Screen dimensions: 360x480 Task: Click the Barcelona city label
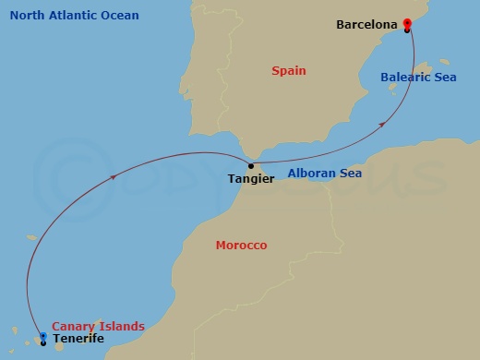click(x=367, y=24)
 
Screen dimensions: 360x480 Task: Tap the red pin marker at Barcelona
click(x=407, y=23)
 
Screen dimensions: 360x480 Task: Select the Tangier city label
click(x=251, y=178)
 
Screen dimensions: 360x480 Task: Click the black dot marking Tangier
click(x=251, y=166)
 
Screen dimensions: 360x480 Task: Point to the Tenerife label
click(x=78, y=339)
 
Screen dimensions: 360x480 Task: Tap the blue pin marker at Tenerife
click(x=43, y=337)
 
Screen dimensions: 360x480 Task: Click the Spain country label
click(x=289, y=70)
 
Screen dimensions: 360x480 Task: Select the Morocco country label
click(x=241, y=246)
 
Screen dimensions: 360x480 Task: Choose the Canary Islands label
click(x=98, y=326)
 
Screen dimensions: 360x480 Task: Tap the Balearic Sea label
click(x=418, y=78)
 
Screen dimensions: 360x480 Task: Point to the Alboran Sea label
click(x=324, y=173)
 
